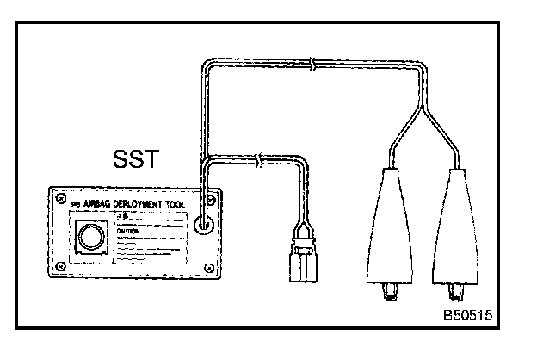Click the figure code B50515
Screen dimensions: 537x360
468,316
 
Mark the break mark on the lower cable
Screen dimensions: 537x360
260,161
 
